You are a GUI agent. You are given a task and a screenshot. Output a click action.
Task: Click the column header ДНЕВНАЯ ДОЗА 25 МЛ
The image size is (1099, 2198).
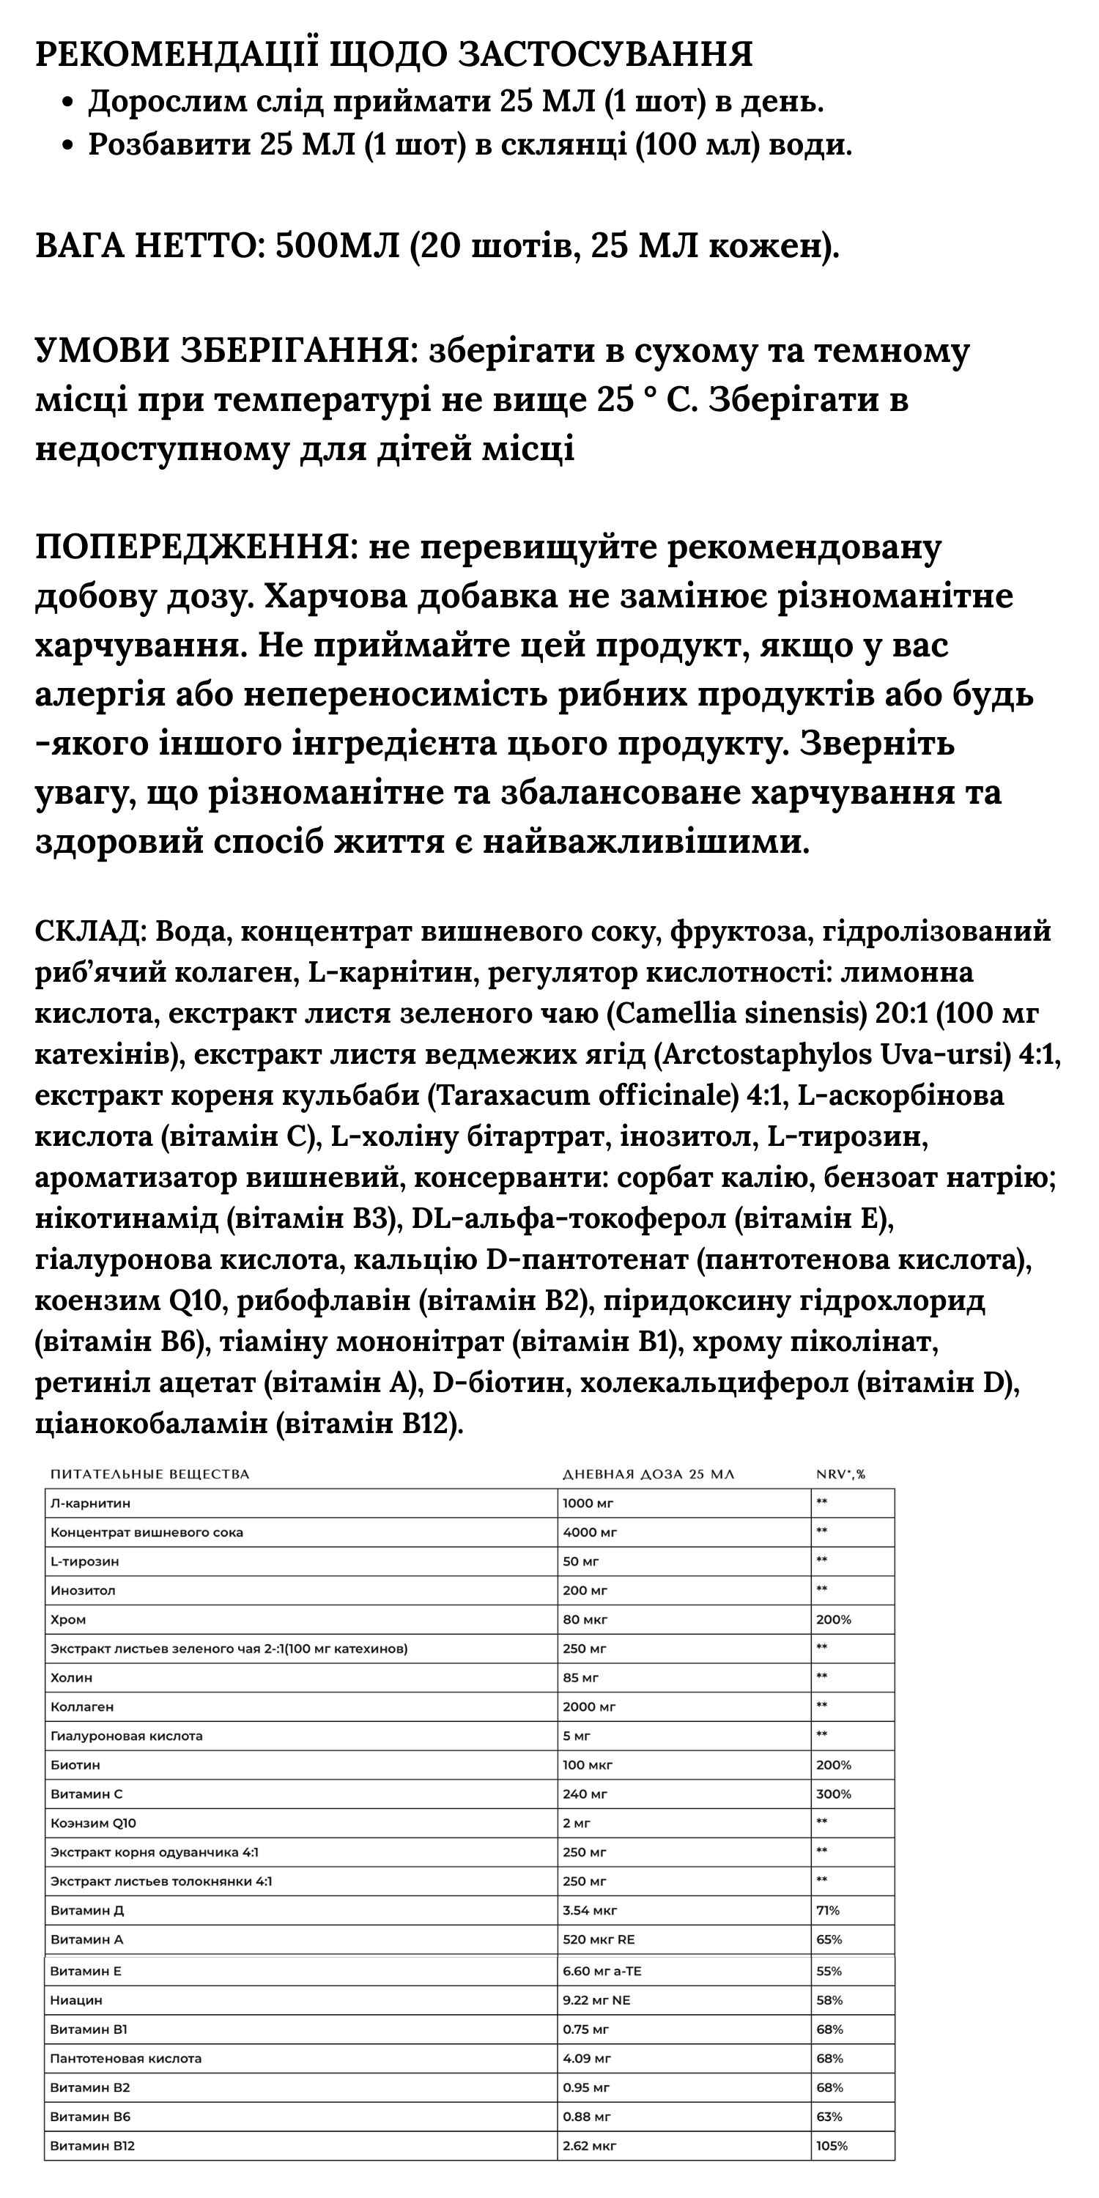coord(648,1474)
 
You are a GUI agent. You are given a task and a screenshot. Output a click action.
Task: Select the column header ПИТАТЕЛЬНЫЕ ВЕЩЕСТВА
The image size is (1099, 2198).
coord(150,1474)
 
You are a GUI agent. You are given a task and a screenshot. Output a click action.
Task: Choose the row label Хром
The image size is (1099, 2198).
coord(68,1619)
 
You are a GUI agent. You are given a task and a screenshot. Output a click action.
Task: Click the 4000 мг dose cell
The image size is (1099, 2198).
coord(590,1533)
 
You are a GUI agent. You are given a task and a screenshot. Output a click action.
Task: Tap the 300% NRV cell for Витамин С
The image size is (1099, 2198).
coord(834,1794)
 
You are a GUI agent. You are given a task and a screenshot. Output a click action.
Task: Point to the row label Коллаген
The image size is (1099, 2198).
coord(82,1706)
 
